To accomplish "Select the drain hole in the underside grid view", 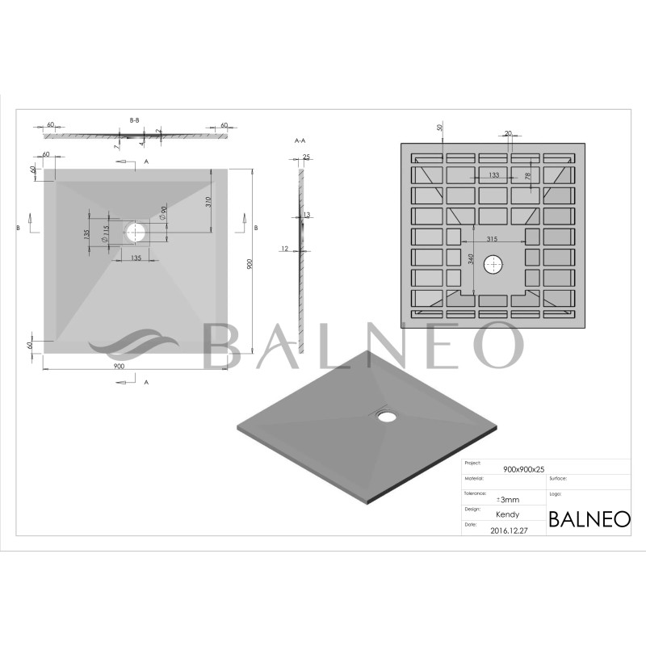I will (x=493, y=264).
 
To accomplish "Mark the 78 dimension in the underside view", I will (x=527, y=176).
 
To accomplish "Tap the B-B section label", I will (x=135, y=120).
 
